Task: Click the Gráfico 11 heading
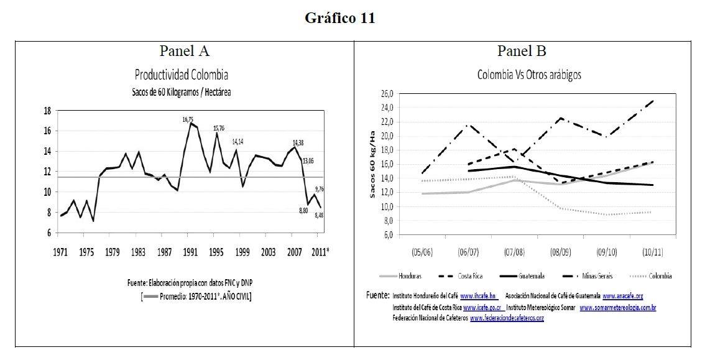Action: (339, 18)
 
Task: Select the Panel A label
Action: (184, 51)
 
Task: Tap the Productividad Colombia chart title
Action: (182, 75)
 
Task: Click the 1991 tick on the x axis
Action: (190, 253)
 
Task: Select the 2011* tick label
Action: (319, 253)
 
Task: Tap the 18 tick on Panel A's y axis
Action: (47, 111)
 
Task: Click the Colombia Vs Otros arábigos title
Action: (528, 75)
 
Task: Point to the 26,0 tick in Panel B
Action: (386, 93)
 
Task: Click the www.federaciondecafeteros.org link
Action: (507, 318)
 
